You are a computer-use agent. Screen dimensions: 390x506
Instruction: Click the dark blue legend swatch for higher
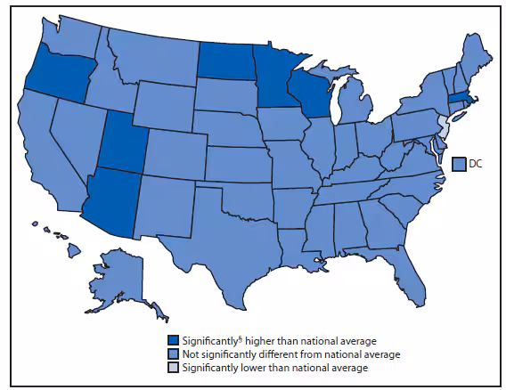[173, 341]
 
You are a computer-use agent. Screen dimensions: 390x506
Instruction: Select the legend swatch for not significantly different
[173, 353]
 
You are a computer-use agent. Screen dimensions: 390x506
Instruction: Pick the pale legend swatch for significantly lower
[173, 366]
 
